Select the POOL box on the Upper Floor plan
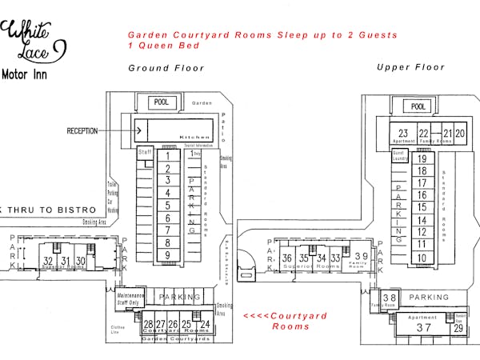pos(417,106)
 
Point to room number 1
pos(167,156)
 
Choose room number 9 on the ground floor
pos(167,255)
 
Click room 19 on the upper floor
pos(422,158)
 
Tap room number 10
pos(422,258)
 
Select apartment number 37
pos(424,328)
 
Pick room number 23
pos(403,134)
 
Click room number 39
pos(361,257)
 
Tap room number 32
pos(48,261)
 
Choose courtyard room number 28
pos(148,324)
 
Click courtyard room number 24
pos(205,324)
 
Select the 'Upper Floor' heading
pos(410,67)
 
